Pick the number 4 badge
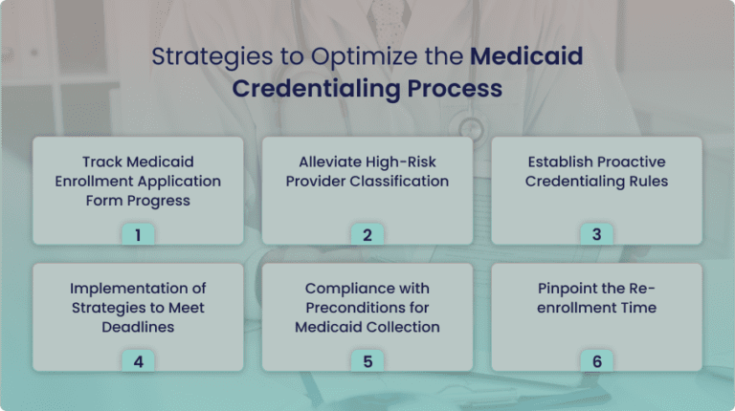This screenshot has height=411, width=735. pos(138,361)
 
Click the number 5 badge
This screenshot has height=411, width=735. pos(367,361)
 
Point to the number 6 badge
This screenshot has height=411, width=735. pos(596,361)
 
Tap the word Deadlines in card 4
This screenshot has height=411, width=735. pos(138,326)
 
